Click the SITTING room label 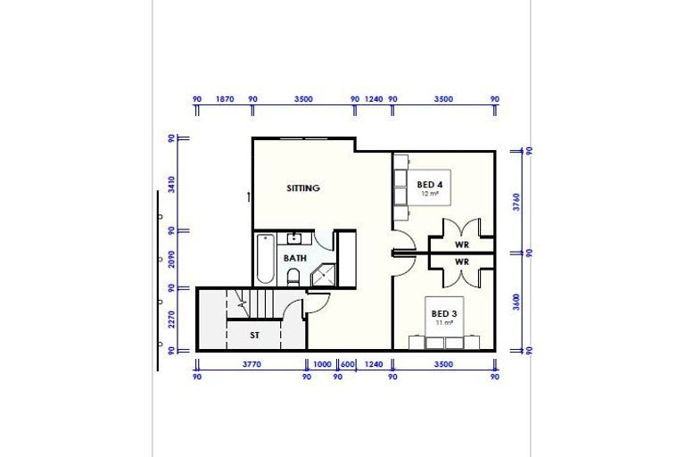click(303, 188)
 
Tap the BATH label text click(295, 258)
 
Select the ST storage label click(254, 335)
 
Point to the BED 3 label click(443, 313)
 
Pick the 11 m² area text click(443, 322)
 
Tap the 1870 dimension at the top click(225, 100)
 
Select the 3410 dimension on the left click(170, 185)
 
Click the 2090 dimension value click(170, 260)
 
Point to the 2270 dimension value click(170, 320)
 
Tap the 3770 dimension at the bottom click(252, 364)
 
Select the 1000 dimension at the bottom click(322, 364)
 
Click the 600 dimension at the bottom click(347, 364)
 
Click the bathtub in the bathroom click(264, 259)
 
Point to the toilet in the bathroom click(293, 278)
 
